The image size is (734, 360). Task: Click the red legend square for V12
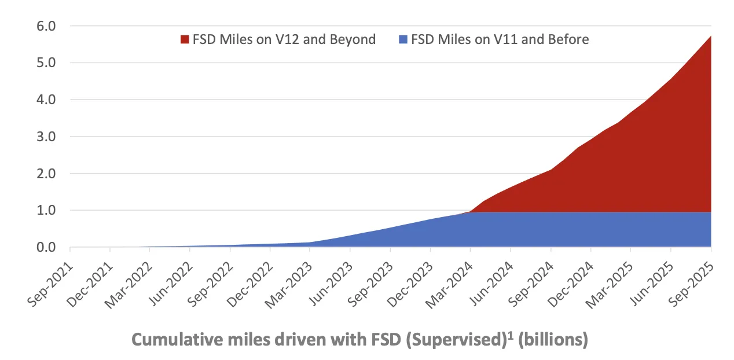pos(185,40)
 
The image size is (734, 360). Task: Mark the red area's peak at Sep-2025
pos(710,36)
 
